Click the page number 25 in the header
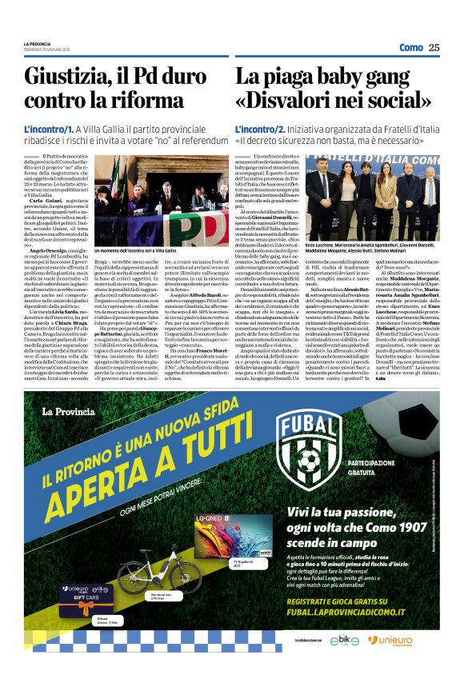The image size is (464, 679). click(434, 47)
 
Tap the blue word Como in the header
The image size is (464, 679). click(410, 47)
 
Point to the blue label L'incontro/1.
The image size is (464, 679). click(49, 128)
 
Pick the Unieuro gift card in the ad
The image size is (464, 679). click(83, 593)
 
